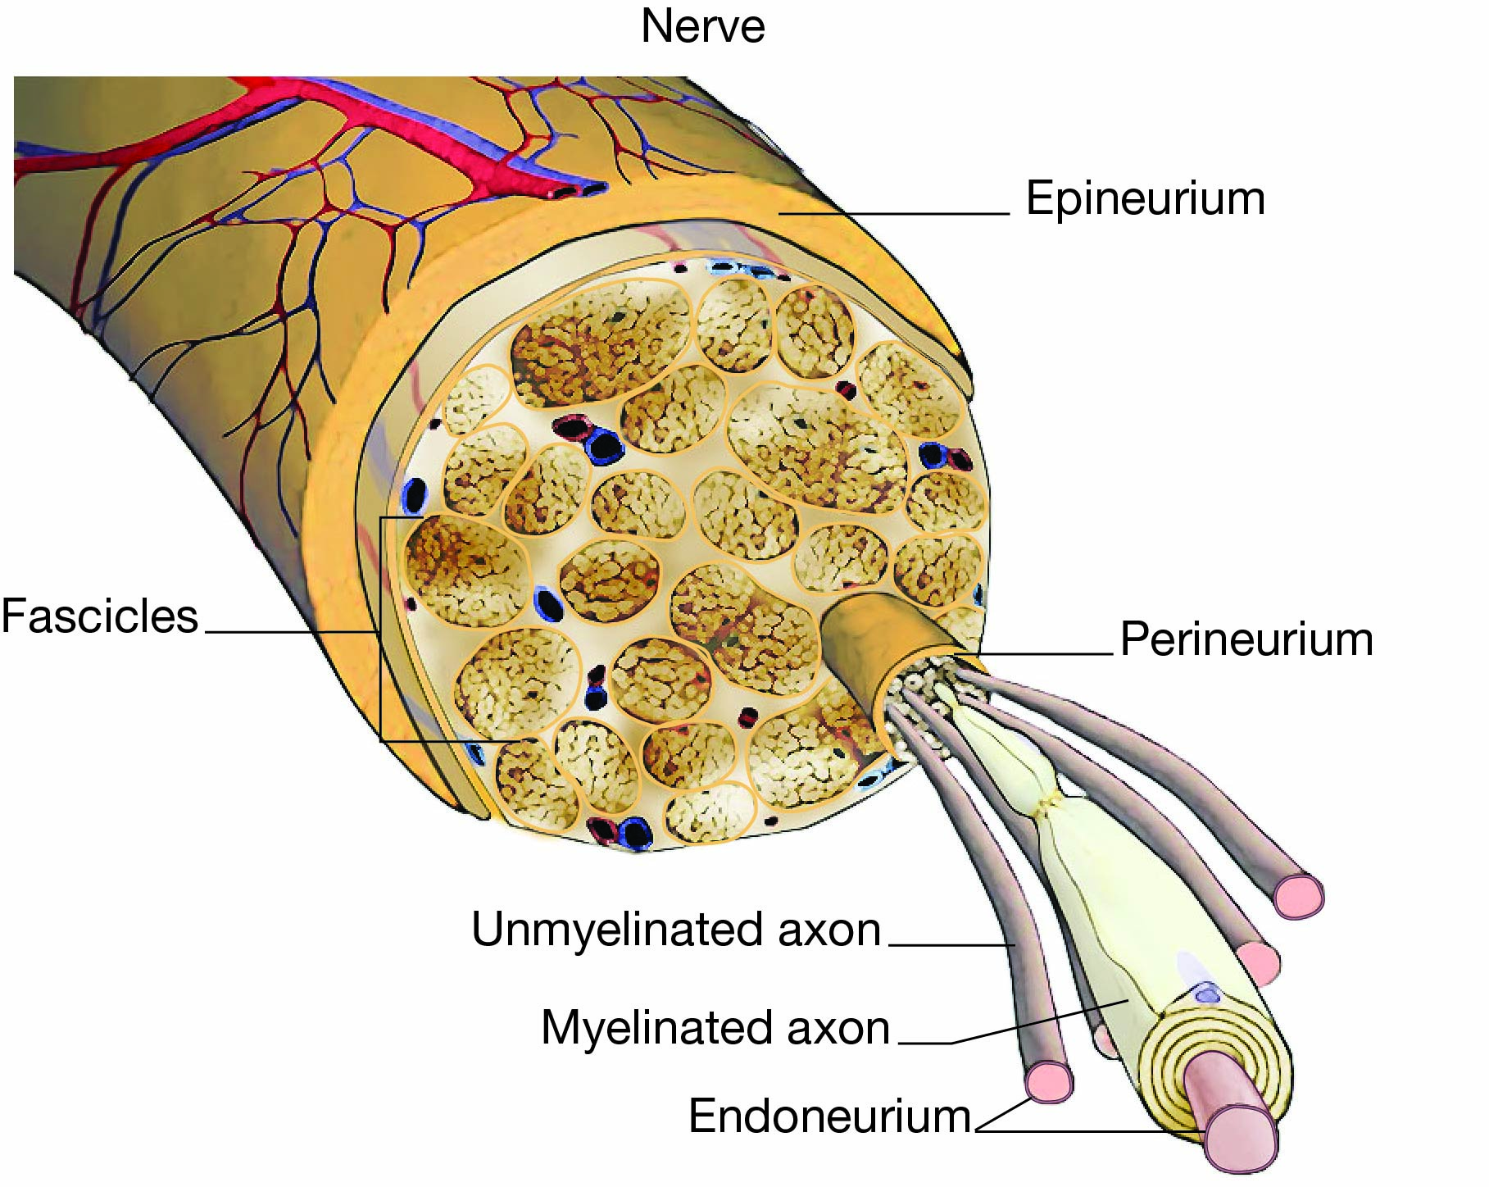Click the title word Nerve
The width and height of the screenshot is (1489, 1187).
coord(702,26)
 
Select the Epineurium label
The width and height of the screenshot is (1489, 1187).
coord(1145,199)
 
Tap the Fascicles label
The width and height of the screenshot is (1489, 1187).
coord(99,616)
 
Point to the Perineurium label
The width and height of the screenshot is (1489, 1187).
coord(1246,639)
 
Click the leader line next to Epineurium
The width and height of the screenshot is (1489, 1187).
coord(893,214)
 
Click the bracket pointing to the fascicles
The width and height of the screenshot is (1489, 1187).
coord(382,631)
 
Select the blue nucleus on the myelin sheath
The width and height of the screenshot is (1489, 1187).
coord(1206,994)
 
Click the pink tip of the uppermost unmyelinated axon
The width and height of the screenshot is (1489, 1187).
coord(1298,895)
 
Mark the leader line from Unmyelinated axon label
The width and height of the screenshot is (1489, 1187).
coord(951,945)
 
